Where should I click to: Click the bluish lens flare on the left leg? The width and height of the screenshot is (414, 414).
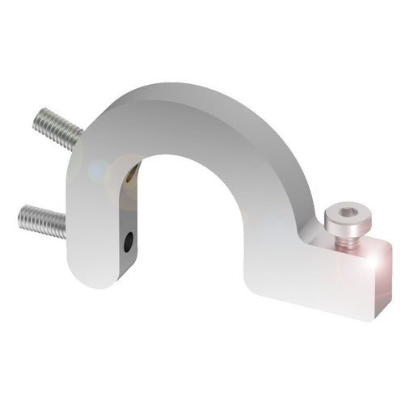96,171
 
